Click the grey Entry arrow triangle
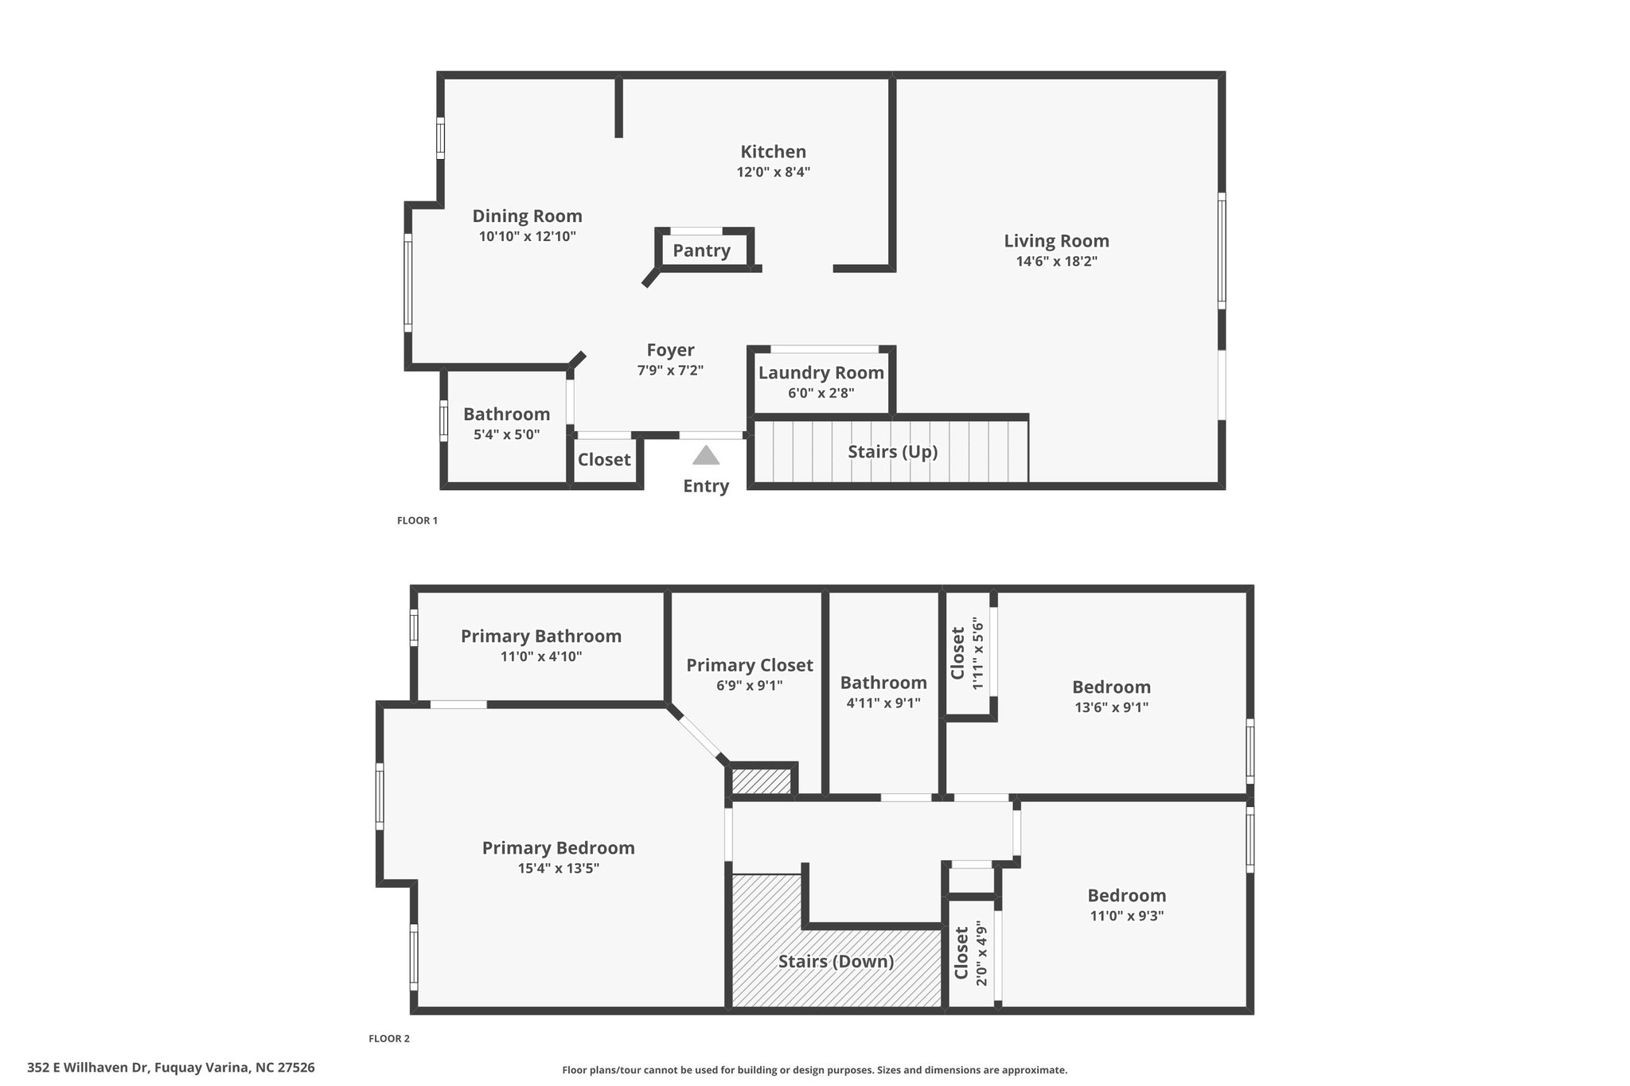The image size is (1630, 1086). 706,455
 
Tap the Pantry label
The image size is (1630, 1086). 701,251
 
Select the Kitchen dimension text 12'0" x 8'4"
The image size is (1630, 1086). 774,172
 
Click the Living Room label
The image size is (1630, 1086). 1056,241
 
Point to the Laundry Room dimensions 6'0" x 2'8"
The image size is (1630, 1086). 821,393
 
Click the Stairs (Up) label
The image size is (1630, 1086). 892,452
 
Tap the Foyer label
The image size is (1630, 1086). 670,351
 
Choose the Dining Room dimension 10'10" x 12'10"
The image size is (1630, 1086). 528,236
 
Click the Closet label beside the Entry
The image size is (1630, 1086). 604,460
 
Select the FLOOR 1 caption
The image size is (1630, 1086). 417,521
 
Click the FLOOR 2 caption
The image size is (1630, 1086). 389,1038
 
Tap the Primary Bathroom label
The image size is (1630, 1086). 541,636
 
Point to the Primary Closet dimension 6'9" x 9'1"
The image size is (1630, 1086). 750,686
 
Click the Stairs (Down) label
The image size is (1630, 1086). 836,962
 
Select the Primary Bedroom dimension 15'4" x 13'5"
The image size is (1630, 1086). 559,869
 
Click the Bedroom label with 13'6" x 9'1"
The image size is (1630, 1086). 1111,687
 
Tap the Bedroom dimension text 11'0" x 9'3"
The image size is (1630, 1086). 1127,916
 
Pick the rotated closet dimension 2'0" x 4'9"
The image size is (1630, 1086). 981,956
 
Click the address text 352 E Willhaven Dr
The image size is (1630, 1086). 88,1068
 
